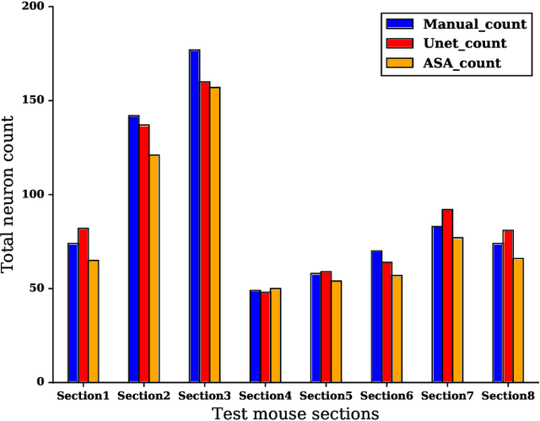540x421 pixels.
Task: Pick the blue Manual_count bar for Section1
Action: point(73,312)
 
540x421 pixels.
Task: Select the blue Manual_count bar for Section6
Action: point(376,316)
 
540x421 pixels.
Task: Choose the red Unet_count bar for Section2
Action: point(143,253)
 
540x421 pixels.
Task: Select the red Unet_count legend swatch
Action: point(398,43)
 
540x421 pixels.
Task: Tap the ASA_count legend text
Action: point(462,62)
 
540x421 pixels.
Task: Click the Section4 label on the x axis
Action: point(265,396)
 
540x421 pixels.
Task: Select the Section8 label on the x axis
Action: point(508,396)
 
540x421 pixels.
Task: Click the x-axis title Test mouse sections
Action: point(294,413)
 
